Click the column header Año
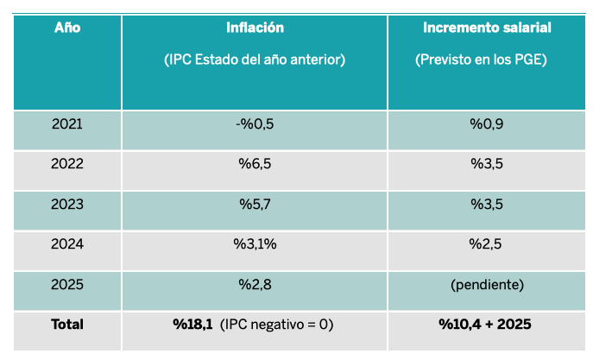click(67, 28)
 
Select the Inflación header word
click(255, 28)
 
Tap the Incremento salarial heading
click(487, 28)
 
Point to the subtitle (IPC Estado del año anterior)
click(255, 60)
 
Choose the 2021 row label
click(67, 124)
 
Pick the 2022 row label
click(67, 164)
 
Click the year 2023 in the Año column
click(67, 204)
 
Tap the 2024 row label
click(67, 244)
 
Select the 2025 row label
click(67, 284)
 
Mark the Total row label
click(67, 325)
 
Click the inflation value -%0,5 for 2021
click(255, 124)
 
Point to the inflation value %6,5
click(255, 164)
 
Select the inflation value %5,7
click(255, 204)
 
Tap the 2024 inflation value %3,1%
click(255, 244)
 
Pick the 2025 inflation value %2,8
click(255, 284)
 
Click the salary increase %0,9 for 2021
click(487, 124)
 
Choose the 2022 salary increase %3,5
click(487, 164)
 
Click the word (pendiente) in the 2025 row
click(487, 284)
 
